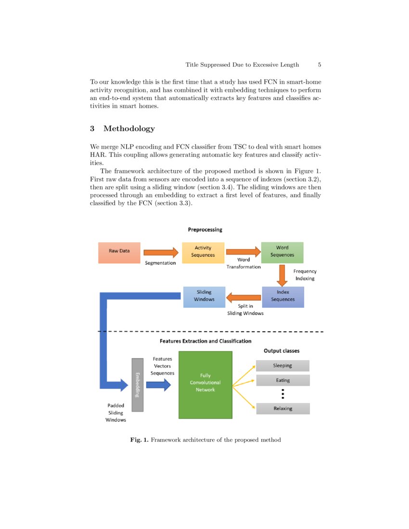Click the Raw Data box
coord(119,252)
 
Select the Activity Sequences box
coord(203,252)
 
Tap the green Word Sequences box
coord(282,252)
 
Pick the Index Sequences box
coord(282,297)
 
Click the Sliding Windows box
coord(204,297)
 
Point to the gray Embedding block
coord(137,385)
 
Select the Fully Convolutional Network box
coord(205,385)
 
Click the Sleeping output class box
coord(282,365)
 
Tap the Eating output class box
coord(282,380)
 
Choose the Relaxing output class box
coord(282,409)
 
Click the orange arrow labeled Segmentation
coord(161,252)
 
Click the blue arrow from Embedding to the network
coord(158,384)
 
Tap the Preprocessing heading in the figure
coord(205,230)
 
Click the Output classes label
coord(281,351)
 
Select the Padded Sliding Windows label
coord(115,413)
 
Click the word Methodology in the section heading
coord(129,128)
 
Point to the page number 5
coord(320,65)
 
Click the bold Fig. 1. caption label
coord(140,440)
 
